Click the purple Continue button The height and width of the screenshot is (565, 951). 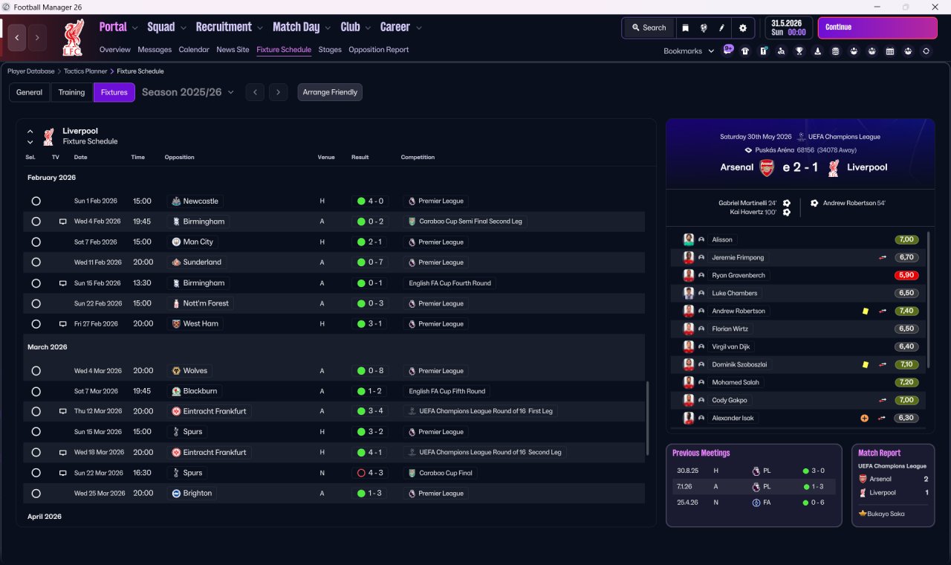point(877,28)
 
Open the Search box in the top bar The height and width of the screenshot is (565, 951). point(649,28)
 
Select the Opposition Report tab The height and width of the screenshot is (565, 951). point(378,50)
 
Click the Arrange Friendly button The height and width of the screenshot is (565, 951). point(330,92)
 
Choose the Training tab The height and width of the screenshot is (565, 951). point(71,92)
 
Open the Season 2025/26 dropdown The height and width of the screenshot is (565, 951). point(188,92)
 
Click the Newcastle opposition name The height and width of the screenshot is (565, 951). point(201,201)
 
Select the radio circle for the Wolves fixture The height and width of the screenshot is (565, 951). point(36,371)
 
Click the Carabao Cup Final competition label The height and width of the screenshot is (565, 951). point(445,473)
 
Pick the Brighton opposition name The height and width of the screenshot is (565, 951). point(198,493)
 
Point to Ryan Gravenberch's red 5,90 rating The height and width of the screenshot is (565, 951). point(906,275)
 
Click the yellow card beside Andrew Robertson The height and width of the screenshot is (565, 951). point(866,311)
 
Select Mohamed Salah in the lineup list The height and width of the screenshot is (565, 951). point(736,382)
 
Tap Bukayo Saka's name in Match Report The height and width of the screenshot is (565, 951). point(886,514)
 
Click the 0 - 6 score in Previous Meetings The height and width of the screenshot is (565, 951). point(817,503)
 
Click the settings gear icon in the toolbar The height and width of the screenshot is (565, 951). point(742,28)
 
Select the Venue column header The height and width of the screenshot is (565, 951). point(326,157)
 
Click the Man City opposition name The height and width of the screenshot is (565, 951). point(198,242)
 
